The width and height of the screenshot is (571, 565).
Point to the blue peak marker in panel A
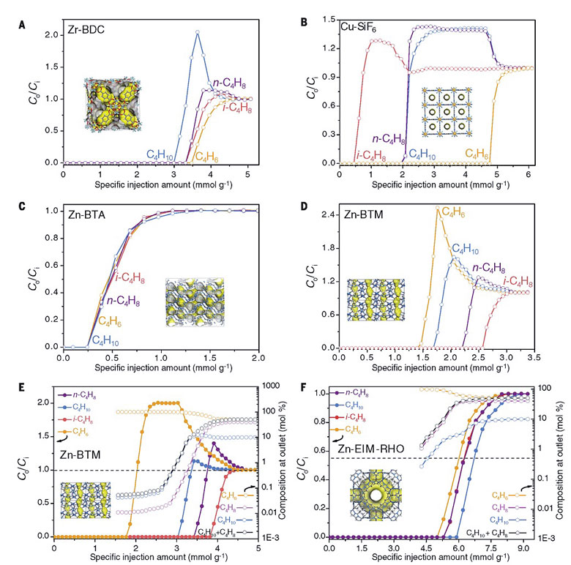(x=197, y=32)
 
